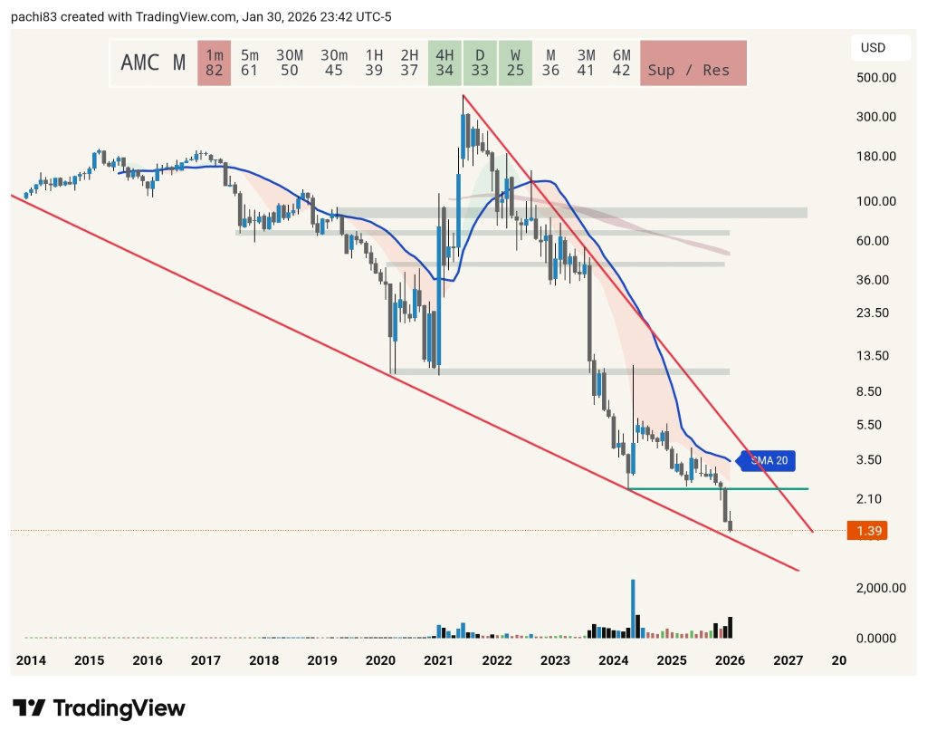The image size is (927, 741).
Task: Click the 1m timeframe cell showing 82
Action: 215,63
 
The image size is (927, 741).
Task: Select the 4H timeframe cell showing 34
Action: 444,63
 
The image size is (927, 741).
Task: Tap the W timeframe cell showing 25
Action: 515,63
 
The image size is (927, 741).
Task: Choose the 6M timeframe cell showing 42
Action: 621,63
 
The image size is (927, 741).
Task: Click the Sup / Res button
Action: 693,63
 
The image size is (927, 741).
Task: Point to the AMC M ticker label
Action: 153,63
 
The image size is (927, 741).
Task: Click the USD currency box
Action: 873,47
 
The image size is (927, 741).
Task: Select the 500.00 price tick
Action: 876,78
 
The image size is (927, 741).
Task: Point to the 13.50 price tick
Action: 876,355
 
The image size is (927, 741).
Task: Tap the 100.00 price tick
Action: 876,201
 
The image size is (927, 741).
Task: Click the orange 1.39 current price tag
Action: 866,530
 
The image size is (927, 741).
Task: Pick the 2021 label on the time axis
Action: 438,661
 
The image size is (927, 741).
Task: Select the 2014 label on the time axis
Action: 31,661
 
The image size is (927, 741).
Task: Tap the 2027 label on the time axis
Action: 788,661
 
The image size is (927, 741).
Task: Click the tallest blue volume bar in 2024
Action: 633,607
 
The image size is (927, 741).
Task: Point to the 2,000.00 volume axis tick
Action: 881,588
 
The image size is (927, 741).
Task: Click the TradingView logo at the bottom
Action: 99,707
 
